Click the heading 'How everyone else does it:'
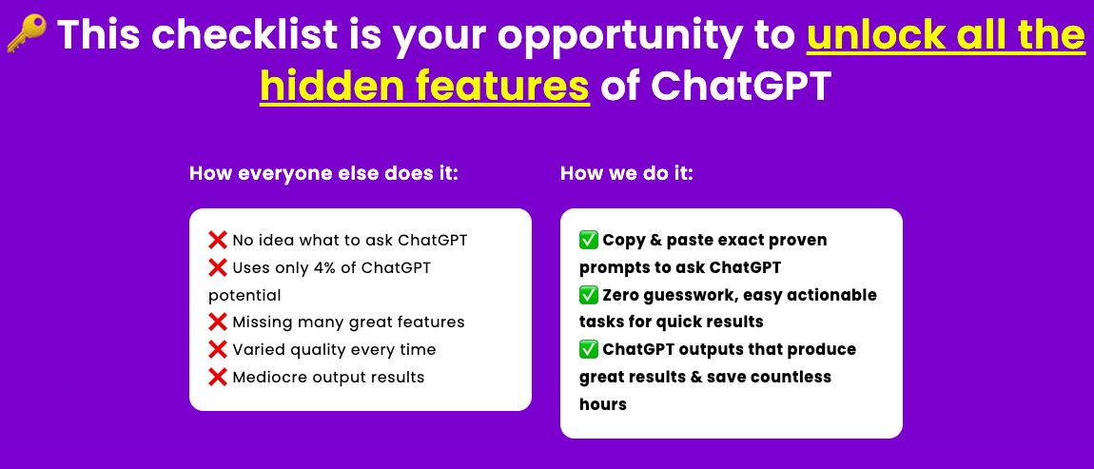pyautogui.click(x=323, y=174)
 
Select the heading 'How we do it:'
pyautogui.click(x=627, y=174)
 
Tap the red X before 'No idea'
pyautogui.click(x=218, y=240)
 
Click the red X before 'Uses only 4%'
pyautogui.click(x=218, y=267)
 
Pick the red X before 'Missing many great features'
pyautogui.click(x=218, y=322)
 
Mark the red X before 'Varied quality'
pyautogui.click(x=218, y=350)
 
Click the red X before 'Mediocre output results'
pyautogui.click(x=218, y=378)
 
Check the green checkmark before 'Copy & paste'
pyautogui.click(x=589, y=240)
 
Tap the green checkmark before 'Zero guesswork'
pyautogui.click(x=589, y=295)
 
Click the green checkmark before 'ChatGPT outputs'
pyautogui.click(x=589, y=350)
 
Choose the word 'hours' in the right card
pyautogui.click(x=603, y=404)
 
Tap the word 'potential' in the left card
pyautogui.click(x=244, y=297)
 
